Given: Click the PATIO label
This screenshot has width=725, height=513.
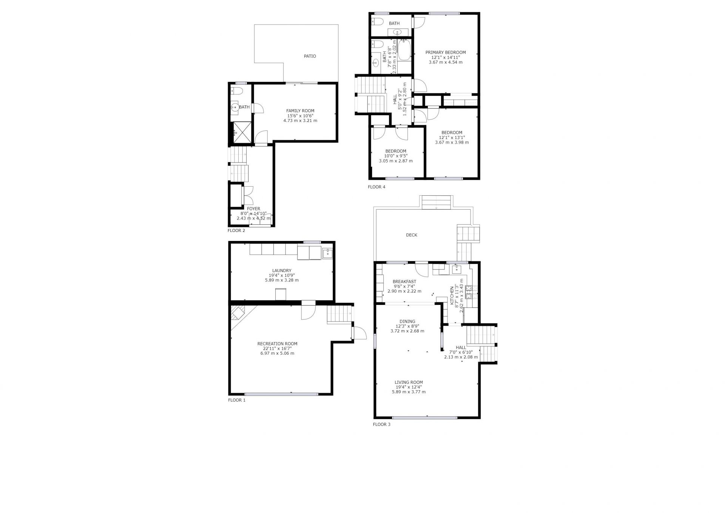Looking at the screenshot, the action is (x=310, y=56).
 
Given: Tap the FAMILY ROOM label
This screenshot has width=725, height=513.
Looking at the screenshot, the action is (x=300, y=111).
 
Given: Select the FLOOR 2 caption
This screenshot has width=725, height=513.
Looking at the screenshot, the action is (x=236, y=230).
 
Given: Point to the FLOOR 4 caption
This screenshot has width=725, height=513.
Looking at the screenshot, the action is (x=376, y=187).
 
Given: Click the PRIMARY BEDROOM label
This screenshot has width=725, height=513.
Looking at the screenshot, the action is (x=446, y=53).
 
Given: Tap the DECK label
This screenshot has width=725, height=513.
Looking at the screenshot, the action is (x=412, y=235).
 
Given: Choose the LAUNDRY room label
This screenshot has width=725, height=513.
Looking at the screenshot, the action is (x=282, y=270).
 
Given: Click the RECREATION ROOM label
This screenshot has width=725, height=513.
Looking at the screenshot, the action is (x=277, y=344).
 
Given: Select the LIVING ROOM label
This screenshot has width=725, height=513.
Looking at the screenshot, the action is (x=409, y=382).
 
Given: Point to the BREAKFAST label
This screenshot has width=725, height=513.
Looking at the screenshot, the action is (x=404, y=281).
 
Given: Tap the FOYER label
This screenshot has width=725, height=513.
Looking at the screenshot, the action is (x=254, y=209).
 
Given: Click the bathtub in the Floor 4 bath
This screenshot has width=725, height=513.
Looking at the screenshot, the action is (x=404, y=50).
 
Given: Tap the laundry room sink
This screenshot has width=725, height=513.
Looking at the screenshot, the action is (x=327, y=253).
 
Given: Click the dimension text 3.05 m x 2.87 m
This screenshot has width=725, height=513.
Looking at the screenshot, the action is (x=396, y=161).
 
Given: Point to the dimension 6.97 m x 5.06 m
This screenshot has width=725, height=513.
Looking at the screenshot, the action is (x=277, y=354).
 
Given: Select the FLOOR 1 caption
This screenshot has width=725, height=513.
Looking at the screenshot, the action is (x=237, y=400).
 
